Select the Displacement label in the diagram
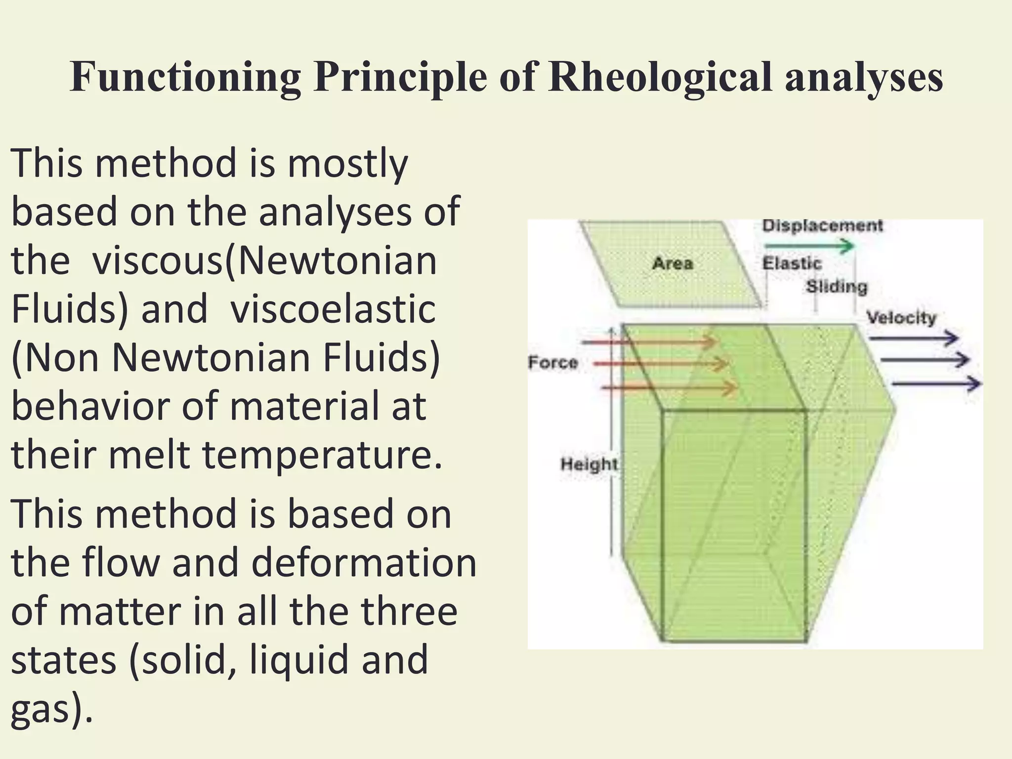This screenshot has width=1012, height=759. (x=822, y=226)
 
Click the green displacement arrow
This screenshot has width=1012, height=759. (x=808, y=246)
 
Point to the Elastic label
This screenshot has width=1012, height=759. (x=791, y=263)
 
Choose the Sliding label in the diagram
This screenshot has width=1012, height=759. (x=837, y=287)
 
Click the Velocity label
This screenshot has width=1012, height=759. (x=902, y=317)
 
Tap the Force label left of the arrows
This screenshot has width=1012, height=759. (x=553, y=363)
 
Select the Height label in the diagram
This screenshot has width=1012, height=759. (x=589, y=464)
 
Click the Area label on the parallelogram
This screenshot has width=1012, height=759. (x=673, y=263)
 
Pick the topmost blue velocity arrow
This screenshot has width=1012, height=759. (x=913, y=338)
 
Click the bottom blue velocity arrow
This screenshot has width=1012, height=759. (x=936, y=383)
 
